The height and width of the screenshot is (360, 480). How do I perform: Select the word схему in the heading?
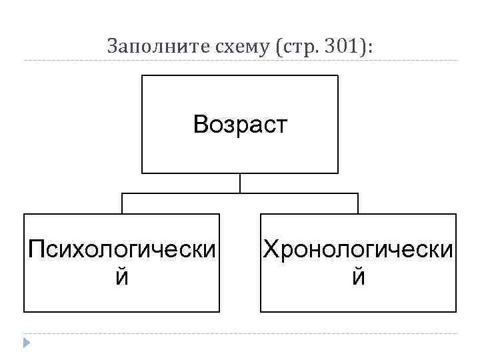229,46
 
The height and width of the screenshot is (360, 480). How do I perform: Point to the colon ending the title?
371,47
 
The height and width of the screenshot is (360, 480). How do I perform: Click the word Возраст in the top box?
240,124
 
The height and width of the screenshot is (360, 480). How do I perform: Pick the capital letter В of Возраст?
201,124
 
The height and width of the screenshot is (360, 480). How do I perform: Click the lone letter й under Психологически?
122,276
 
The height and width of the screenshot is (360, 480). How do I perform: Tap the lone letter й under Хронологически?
358,276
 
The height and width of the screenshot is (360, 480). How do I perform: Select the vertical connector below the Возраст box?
240,183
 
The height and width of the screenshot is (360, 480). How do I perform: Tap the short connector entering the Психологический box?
121,203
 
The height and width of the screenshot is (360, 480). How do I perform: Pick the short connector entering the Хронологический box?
358,203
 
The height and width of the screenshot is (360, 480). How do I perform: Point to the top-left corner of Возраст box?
142,75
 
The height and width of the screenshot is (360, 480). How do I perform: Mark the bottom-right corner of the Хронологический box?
456,311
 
